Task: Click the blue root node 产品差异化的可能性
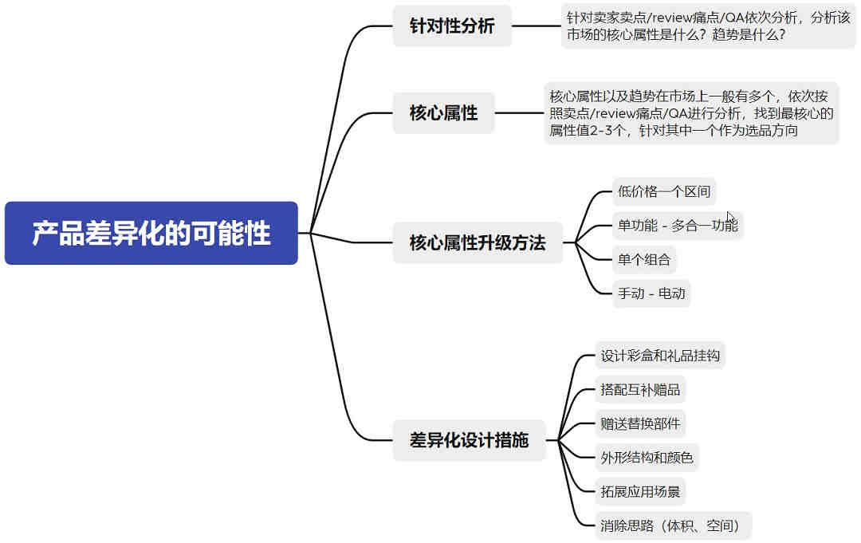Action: pos(151,233)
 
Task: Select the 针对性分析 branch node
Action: pos(452,26)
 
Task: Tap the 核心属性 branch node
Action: pos(444,113)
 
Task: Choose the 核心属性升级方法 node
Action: pos(478,242)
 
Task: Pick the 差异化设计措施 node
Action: pos(469,440)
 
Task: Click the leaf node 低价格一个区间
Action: pos(664,191)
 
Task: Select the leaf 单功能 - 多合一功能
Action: pos(678,226)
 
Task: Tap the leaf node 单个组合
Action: pos(644,260)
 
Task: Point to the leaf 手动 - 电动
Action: pos(651,293)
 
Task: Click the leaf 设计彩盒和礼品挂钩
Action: pos(660,356)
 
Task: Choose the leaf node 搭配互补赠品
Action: pos(640,390)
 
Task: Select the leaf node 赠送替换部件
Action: pos(640,424)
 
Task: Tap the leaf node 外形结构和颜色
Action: pos(647,458)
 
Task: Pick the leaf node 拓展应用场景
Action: pos(640,492)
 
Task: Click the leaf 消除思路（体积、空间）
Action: pos(673,526)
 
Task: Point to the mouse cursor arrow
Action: pos(730,217)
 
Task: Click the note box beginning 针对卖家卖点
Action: pos(708,26)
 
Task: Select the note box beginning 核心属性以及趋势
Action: pos(691,113)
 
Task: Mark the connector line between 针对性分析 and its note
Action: pos(537,26)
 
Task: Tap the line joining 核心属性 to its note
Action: pos(520,113)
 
